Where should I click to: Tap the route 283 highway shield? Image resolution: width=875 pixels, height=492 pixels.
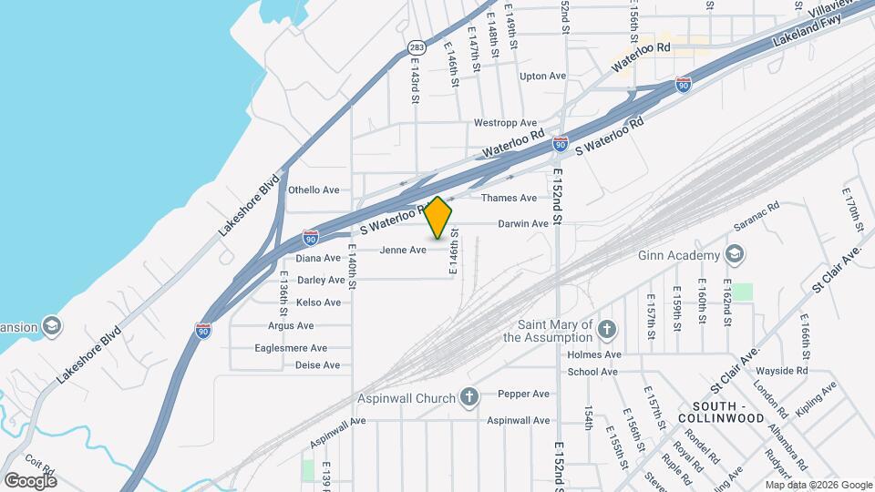[x=417, y=47]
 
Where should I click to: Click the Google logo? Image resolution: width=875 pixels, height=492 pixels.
[x=30, y=480]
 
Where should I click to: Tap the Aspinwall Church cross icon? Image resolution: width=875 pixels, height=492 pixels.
[x=469, y=395]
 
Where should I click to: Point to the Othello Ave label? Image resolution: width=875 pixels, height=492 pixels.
[x=314, y=190]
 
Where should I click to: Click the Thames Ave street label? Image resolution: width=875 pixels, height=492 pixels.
[x=509, y=198]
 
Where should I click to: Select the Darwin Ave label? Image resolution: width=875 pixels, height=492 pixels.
[x=523, y=223]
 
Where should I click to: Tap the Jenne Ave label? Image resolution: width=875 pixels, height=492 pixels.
[x=403, y=250]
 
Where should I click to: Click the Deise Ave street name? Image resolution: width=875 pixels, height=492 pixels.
[x=317, y=365]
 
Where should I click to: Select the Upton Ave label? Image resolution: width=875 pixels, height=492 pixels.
[x=542, y=77]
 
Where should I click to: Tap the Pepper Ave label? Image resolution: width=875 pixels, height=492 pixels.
[x=524, y=394]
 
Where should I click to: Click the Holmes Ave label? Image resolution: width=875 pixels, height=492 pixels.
[x=594, y=354]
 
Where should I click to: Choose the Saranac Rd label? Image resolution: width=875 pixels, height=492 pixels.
[x=760, y=219]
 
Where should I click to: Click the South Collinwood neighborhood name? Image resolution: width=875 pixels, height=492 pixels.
[x=727, y=412]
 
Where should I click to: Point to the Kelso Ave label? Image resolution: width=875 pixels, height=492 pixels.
[x=319, y=302]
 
